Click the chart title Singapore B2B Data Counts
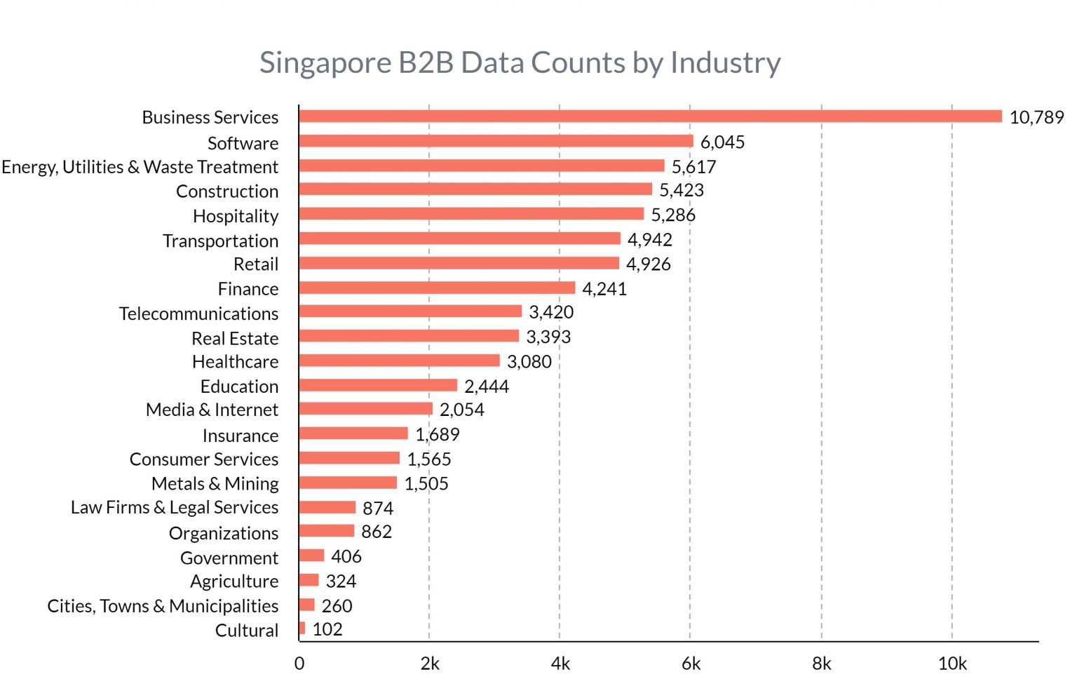pos(520,62)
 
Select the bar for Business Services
pos(650,116)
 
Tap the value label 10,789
pos(1036,117)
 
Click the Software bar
pos(496,142)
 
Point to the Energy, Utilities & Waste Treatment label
pos(140,167)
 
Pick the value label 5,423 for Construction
pos(681,190)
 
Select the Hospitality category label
pos(236,216)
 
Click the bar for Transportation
pos(459,239)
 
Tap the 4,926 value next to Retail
pos(648,264)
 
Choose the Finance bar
pos(437,288)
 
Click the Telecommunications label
pos(198,314)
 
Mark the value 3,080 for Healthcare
pos(529,362)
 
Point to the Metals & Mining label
pos(215,484)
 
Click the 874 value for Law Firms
pos(377,508)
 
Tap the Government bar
pos(311,556)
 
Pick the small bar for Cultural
pos(302,628)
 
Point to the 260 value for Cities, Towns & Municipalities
pos(337,606)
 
